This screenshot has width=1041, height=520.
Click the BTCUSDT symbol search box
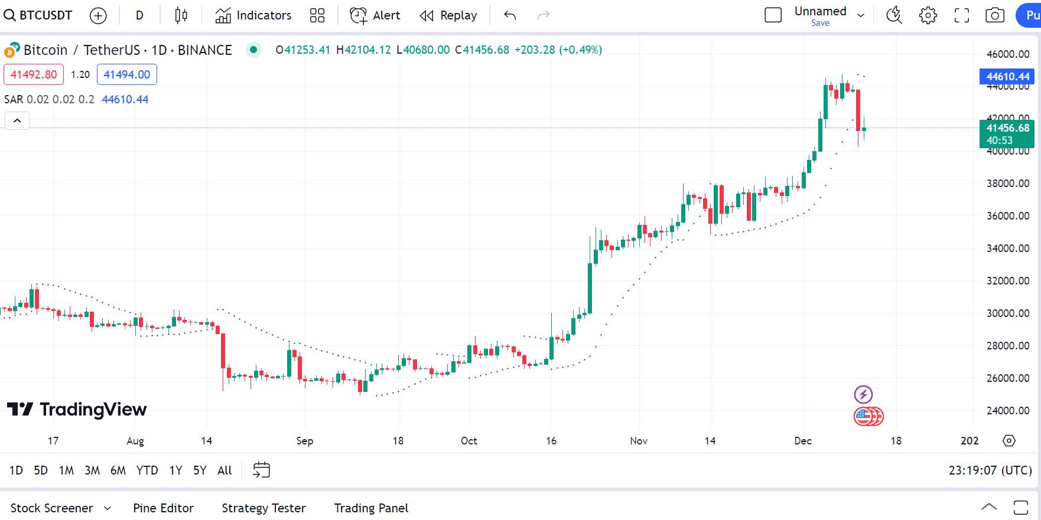click(x=39, y=15)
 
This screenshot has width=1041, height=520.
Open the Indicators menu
click(x=253, y=15)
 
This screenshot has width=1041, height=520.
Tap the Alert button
click(x=375, y=15)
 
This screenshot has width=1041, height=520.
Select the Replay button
click(x=448, y=15)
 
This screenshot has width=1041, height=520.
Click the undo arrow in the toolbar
click(x=510, y=15)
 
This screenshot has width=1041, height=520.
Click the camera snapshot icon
click(x=995, y=15)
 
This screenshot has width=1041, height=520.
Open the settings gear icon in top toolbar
click(x=928, y=15)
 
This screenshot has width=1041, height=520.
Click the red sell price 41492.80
click(x=34, y=74)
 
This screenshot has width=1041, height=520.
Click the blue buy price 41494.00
click(x=127, y=74)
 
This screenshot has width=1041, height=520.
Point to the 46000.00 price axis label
click(x=1008, y=54)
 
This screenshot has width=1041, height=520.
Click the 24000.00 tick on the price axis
click(x=1008, y=410)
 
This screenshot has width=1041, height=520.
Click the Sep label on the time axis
click(x=305, y=441)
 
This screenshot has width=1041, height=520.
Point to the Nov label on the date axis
click(x=639, y=441)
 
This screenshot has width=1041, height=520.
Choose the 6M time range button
click(x=118, y=470)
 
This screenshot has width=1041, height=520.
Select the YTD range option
click(x=147, y=470)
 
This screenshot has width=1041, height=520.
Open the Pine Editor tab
click(x=163, y=508)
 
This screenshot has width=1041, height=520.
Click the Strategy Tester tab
click(x=263, y=508)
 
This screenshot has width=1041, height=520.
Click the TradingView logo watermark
click(x=77, y=409)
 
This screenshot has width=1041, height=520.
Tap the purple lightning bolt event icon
click(x=863, y=394)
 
